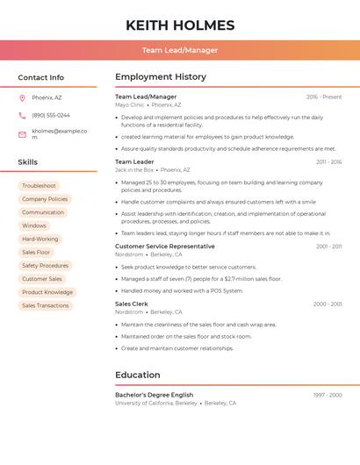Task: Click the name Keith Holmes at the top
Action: click(180, 25)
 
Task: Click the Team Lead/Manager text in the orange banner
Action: click(180, 50)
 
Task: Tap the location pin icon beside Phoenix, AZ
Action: click(22, 97)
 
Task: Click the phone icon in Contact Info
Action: click(22, 115)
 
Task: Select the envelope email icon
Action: click(22, 134)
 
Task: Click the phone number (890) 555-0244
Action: click(51, 115)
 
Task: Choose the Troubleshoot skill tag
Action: click(39, 186)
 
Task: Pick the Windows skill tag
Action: click(34, 225)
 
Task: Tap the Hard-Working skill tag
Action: click(40, 239)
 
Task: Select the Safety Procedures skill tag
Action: click(45, 266)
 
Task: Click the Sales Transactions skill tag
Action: click(46, 305)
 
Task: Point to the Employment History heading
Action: click(161, 77)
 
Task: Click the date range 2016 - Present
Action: click(324, 97)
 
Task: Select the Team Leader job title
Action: click(134, 162)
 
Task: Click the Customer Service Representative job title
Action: click(165, 247)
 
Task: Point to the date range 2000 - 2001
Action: click(328, 304)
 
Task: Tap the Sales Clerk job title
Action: click(133, 304)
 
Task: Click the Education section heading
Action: click(138, 376)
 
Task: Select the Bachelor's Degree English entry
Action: click(154, 395)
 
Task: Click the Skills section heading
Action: click(28, 162)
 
